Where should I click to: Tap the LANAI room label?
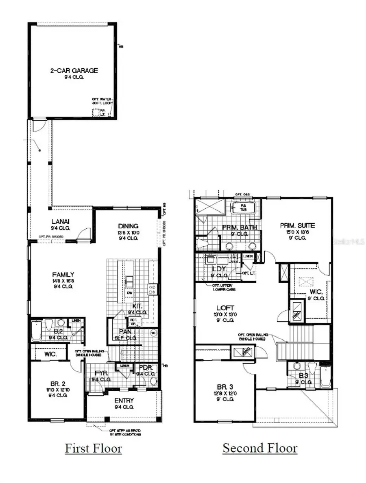click(x=62, y=221)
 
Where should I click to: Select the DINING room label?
click(x=129, y=226)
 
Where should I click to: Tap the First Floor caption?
click(x=93, y=448)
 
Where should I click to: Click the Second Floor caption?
click(x=260, y=448)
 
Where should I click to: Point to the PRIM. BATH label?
click(x=239, y=227)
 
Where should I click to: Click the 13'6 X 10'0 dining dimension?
click(x=129, y=233)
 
